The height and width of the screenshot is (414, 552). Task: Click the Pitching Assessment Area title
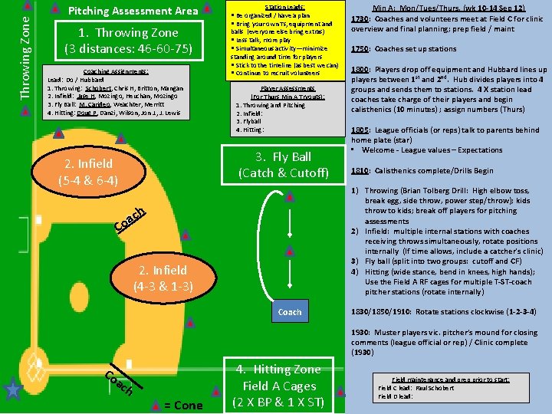(x=133, y=11)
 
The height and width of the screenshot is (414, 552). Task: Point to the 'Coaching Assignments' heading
(x=117, y=71)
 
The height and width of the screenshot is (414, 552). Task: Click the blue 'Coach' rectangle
(x=290, y=312)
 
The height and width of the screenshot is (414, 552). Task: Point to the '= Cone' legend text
(x=183, y=405)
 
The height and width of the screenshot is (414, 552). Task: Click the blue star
(x=12, y=390)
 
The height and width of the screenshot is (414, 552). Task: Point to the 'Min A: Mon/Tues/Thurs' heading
(x=449, y=7)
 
